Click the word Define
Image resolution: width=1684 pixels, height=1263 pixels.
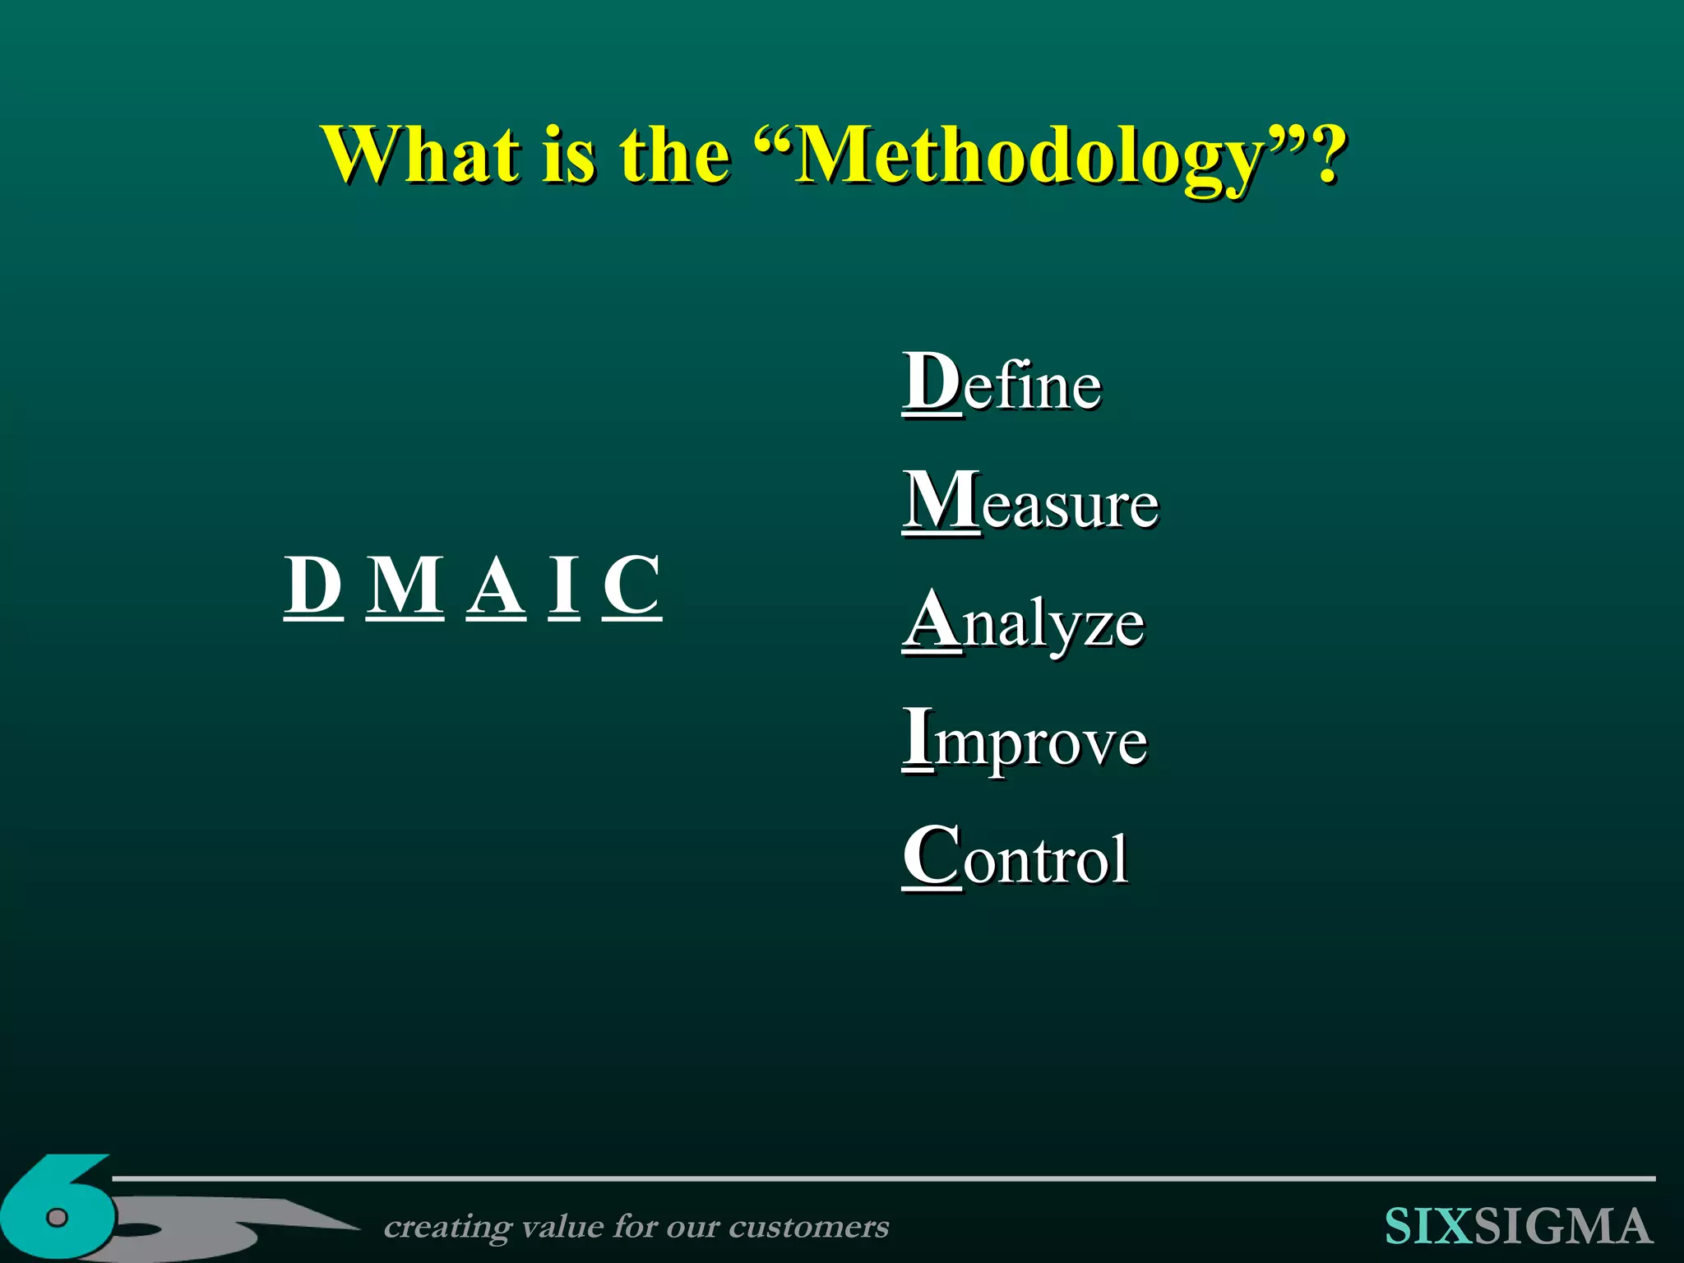point(1002,383)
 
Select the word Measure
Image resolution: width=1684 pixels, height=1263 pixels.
point(1030,502)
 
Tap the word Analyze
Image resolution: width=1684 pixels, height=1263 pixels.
point(1024,622)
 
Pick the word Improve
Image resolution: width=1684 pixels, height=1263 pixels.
point(1025,740)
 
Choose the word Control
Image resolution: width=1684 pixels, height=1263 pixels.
point(1015,858)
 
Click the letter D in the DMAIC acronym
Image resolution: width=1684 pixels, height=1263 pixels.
point(313,585)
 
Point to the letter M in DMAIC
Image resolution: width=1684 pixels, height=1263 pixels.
point(405,585)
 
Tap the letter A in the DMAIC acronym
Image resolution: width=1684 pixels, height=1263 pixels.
point(496,585)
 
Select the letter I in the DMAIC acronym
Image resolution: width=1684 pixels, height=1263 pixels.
point(564,585)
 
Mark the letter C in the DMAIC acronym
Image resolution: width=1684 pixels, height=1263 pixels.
point(631,585)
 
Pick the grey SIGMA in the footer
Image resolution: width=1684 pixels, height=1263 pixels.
point(1563,1227)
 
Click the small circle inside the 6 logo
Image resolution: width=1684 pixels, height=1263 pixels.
point(57,1218)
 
